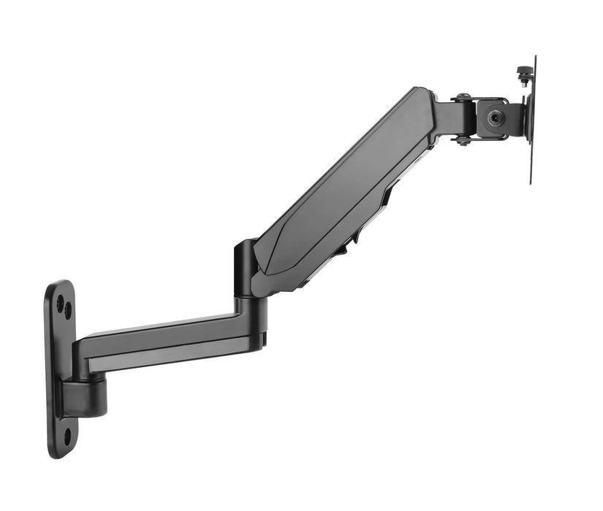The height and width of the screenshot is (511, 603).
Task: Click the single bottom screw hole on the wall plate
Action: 67,437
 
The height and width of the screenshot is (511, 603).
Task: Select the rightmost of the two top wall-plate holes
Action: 68,310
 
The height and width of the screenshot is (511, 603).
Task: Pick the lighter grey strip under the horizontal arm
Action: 168,358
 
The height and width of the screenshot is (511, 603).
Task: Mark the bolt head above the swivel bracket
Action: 463,96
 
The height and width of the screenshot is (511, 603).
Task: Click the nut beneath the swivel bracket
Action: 463,141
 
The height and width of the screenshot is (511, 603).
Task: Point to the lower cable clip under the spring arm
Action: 340,253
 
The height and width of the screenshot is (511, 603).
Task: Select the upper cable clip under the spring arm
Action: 387,194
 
